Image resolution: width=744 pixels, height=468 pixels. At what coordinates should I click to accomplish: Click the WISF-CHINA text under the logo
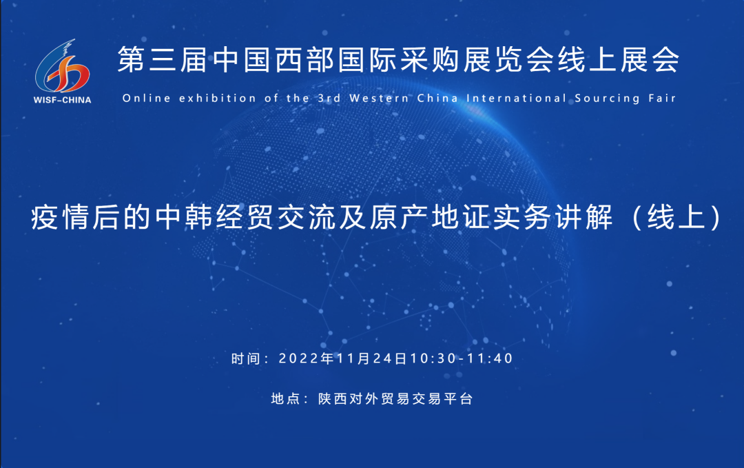coord(62,100)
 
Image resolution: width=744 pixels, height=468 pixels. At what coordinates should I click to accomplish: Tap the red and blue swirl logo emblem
coord(62,66)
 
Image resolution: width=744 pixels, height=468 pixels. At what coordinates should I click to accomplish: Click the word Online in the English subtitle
coord(147,99)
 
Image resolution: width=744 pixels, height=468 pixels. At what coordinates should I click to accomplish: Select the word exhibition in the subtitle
coord(218,99)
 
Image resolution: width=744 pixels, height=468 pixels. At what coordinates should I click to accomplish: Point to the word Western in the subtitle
coord(380,99)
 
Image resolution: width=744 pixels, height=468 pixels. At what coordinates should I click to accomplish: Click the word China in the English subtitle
coord(438,99)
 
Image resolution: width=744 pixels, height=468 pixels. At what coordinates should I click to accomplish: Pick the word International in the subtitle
coord(517,99)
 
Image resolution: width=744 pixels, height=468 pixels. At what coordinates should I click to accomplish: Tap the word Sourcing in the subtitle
coord(608,99)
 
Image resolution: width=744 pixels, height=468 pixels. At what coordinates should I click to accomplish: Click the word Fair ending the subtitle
coord(663,99)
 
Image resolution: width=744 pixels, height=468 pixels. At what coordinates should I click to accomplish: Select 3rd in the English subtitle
coord(329,99)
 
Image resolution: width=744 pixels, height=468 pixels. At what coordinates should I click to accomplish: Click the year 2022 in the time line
coord(300,358)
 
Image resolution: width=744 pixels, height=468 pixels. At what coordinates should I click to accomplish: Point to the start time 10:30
coord(433,358)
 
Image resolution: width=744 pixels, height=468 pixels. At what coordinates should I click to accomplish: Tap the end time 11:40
coord(490,358)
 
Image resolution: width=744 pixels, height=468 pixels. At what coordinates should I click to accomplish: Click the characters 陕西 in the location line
coord(333,398)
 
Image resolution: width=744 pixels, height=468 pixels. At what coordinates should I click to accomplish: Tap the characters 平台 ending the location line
coord(458,398)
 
